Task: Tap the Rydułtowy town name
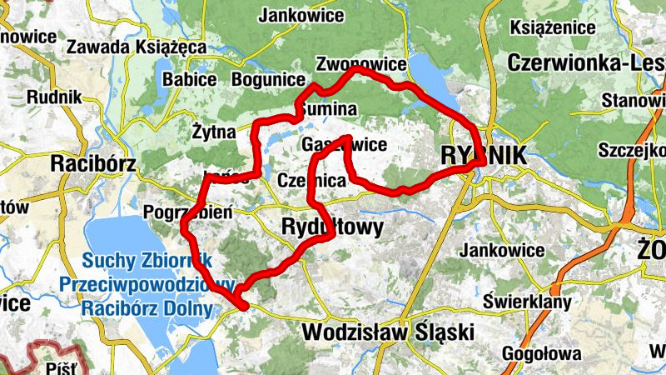tap(332, 227)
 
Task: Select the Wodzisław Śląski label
tap(388, 332)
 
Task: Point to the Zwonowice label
tap(361, 64)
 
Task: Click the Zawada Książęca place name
tap(137, 47)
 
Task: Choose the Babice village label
tap(190, 80)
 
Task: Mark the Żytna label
tap(215, 131)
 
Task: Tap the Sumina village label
tap(330, 109)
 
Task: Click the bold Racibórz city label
tap(93, 163)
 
